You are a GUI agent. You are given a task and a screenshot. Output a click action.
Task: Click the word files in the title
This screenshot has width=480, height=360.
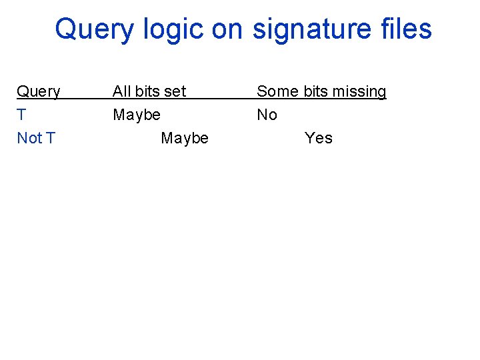403,30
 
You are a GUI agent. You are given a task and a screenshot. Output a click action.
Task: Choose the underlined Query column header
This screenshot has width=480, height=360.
38,91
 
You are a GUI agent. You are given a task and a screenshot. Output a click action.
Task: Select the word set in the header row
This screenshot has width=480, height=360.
175,91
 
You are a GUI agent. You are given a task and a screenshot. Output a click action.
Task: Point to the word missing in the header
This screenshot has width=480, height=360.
359,91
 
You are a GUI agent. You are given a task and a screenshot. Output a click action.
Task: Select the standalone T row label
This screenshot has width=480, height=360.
21,115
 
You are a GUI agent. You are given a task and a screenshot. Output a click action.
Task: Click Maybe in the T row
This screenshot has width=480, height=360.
137,115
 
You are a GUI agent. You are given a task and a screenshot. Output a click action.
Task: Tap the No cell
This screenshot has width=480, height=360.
267,115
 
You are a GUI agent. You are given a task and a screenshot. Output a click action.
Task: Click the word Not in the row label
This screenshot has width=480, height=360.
29,138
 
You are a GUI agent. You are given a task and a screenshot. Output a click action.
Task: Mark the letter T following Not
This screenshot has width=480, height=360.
51,138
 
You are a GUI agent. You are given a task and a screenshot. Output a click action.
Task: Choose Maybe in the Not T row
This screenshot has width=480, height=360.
185,138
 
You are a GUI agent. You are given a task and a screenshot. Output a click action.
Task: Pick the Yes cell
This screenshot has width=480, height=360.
318,138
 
